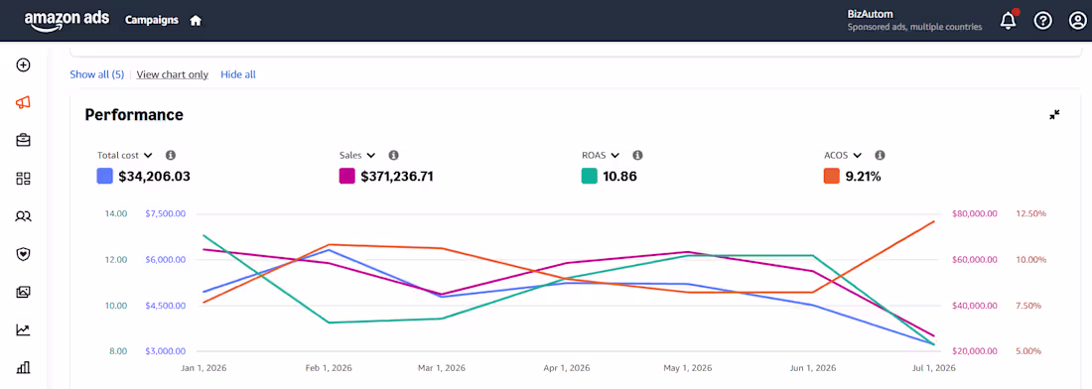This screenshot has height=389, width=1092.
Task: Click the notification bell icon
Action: [x=1008, y=20]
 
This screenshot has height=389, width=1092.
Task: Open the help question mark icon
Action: [x=1042, y=21]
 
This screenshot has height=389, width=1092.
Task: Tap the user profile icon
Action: [x=1077, y=21]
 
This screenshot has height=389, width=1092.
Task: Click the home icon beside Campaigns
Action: [x=196, y=21]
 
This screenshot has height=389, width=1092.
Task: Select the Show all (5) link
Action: [x=97, y=74]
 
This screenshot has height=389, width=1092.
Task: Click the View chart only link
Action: [x=172, y=74]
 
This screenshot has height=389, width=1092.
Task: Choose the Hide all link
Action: [x=238, y=74]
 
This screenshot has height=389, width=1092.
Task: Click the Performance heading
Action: [x=134, y=115]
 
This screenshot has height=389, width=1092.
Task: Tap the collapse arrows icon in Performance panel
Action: [x=1054, y=115]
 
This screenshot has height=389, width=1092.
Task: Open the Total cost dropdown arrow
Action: [x=148, y=155]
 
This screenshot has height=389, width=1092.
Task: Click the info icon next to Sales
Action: [x=393, y=155]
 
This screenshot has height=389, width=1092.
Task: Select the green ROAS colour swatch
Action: [x=589, y=176]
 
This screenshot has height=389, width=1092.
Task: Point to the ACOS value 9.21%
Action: [x=863, y=177]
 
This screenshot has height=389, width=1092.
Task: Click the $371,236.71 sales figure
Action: [x=397, y=177]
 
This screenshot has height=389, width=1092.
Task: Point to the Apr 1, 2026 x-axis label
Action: [x=566, y=368]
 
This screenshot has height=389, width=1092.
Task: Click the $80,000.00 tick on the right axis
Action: [x=974, y=213]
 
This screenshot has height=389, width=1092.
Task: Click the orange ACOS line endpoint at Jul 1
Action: [x=934, y=221]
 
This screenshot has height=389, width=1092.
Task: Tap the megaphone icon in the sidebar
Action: [x=23, y=102]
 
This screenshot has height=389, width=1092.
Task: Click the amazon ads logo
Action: [x=67, y=21]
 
